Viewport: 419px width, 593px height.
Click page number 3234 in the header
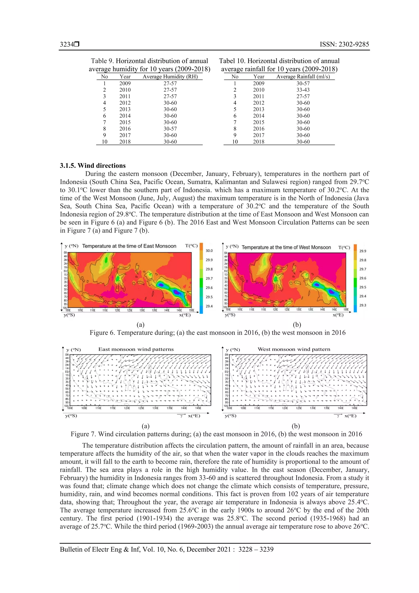click(x=67, y=44)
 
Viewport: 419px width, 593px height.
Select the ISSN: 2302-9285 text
click(x=344, y=44)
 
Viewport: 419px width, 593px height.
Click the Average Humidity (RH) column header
click(x=170, y=77)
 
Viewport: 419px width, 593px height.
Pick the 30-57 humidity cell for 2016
click(x=170, y=129)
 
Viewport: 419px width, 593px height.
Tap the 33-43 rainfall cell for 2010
click(x=303, y=90)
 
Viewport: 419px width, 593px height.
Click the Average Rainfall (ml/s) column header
click(x=303, y=77)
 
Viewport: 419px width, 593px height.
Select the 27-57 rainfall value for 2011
click(x=303, y=96)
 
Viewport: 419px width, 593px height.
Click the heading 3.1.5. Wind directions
click(x=93, y=166)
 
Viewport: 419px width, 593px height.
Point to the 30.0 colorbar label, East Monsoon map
click(x=209, y=251)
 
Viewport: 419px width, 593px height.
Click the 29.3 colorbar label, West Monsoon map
click(x=363, y=305)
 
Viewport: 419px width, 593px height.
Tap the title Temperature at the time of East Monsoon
click(x=129, y=246)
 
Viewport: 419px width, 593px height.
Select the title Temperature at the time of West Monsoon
click(x=286, y=247)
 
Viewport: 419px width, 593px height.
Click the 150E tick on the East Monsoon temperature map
click(x=191, y=310)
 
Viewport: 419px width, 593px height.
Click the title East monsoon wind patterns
click(x=136, y=349)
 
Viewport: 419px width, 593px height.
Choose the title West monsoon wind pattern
click(x=294, y=349)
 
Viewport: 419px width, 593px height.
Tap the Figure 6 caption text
click(x=217, y=333)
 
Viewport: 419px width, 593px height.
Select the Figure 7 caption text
click(x=216, y=434)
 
